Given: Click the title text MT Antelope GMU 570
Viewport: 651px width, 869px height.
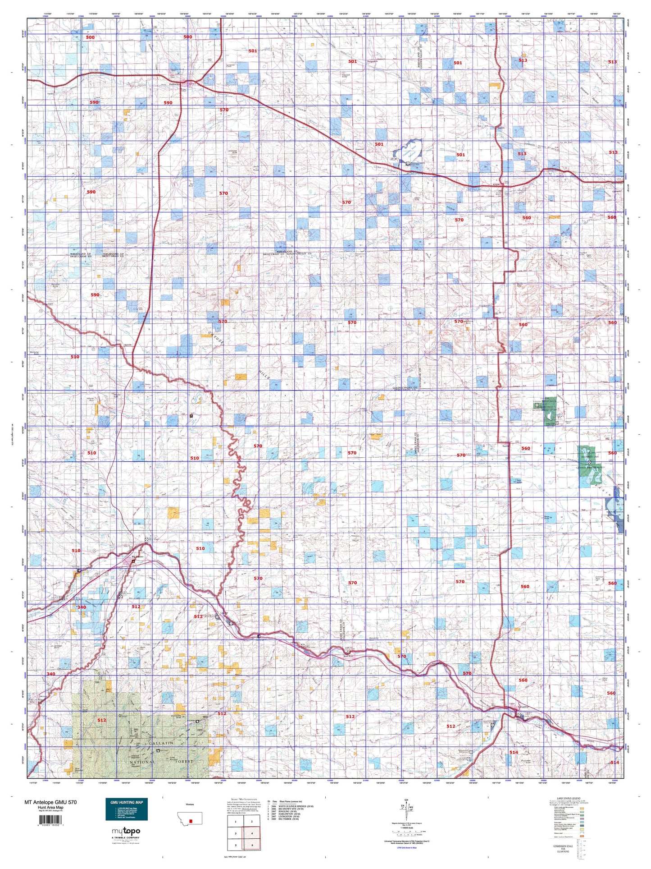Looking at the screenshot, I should tap(50, 802).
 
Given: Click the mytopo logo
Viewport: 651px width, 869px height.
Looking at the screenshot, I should tap(126, 831).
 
